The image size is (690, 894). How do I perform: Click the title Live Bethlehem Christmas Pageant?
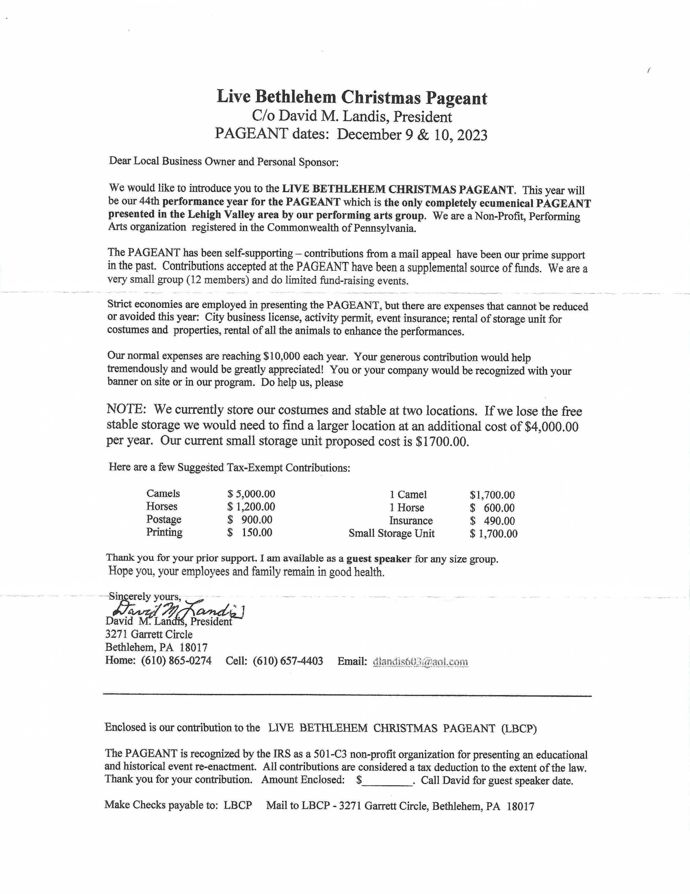click(x=352, y=98)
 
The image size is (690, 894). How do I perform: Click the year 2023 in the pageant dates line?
click(x=472, y=135)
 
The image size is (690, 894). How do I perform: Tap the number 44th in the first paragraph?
click(x=150, y=202)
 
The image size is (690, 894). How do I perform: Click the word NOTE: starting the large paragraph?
click(x=126, y=409)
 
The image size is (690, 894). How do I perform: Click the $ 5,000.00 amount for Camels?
click(x=251, y=494)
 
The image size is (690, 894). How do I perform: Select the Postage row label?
click(x=164, y=519)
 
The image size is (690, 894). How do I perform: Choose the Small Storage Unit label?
click(x=391, y=534)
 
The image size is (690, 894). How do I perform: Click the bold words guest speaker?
click(x=378, y=559)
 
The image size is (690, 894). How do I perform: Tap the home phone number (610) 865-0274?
click(x=176, y=661)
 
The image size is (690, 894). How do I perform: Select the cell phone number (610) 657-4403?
click(x=287, y=661)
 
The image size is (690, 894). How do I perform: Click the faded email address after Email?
click(x=420, y=662)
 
